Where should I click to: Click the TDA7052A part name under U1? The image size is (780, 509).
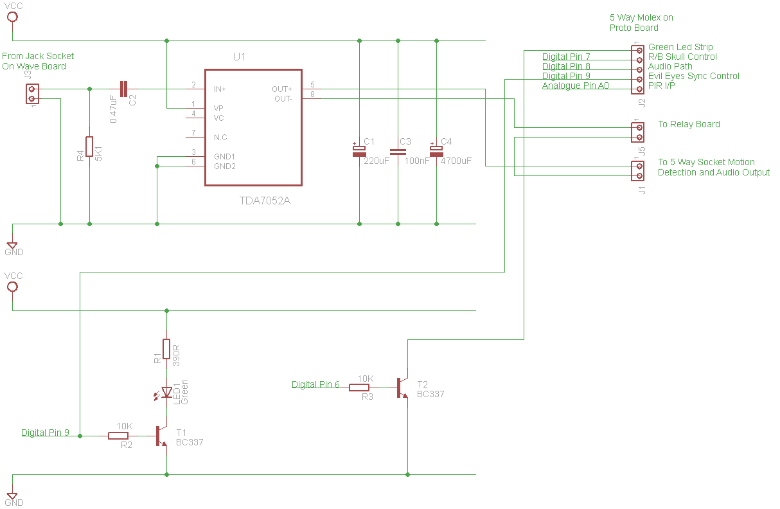point(265,201)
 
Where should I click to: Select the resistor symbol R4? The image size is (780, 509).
point(89,147)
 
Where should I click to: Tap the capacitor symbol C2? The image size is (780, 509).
point(123,89)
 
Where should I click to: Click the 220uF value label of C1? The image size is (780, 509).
point(376,161)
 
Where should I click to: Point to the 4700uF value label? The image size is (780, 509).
point(456,161)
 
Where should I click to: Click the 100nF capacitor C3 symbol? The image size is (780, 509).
point(398,152)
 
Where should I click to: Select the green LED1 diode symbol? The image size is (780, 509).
point(164,393)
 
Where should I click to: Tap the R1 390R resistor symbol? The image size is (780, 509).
point(166,349)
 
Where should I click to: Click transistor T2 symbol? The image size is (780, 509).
point(403,388)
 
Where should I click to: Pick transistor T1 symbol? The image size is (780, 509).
point(161,436)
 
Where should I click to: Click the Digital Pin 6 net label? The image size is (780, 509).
point(315,384)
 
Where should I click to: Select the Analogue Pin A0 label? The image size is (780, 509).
point(576,85)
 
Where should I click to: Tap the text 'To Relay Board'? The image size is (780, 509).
point(689,124)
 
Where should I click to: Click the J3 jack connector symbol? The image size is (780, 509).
point(32,94)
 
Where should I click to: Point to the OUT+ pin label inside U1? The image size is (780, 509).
point(281,89)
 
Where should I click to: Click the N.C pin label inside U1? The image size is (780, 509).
point(220,138)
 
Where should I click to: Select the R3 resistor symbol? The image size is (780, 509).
point(359,388)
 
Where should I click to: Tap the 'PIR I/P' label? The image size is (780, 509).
point(661,85)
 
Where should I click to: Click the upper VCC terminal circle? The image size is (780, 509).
point(13,16)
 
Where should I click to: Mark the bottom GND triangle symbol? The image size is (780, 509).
point(12,496)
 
